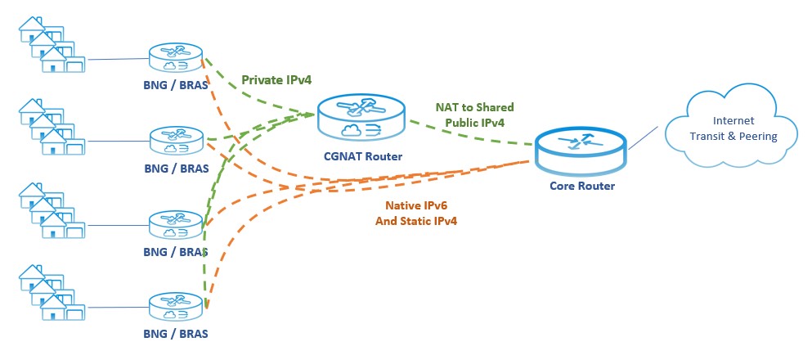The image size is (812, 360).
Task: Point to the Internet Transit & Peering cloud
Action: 729,129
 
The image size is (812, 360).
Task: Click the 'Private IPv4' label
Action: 277,80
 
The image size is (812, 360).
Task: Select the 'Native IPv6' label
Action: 410,205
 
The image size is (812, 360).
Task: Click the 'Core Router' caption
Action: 581,187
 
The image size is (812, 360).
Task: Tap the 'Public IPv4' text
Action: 474,122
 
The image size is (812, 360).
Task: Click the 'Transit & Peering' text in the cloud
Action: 733,137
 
